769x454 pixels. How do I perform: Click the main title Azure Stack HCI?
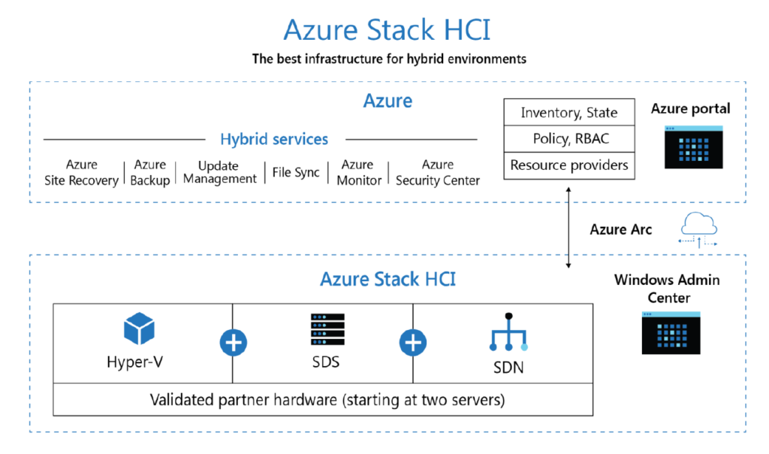[387, 30]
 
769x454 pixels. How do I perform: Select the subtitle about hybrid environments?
[389, 59]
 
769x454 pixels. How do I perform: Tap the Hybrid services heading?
[274, 139]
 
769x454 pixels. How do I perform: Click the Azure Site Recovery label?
[82, 172]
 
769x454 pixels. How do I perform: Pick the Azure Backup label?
[150, 172]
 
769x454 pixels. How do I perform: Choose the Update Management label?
[219, 172]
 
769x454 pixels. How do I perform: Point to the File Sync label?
[296, 172]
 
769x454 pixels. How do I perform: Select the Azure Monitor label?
[358, 172]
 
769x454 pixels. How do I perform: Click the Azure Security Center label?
[438, 172]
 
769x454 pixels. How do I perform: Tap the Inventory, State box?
[569, 113]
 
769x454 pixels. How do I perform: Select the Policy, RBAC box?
[569, 139]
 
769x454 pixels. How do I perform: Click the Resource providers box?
[569, 165]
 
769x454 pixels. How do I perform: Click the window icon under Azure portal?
[693, 147]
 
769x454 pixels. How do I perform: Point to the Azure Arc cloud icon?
[698, 230]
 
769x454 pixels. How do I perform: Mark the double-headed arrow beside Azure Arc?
[568, 229]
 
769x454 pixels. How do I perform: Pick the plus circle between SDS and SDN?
[412, 343]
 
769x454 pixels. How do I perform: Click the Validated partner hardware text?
[327, 400]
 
